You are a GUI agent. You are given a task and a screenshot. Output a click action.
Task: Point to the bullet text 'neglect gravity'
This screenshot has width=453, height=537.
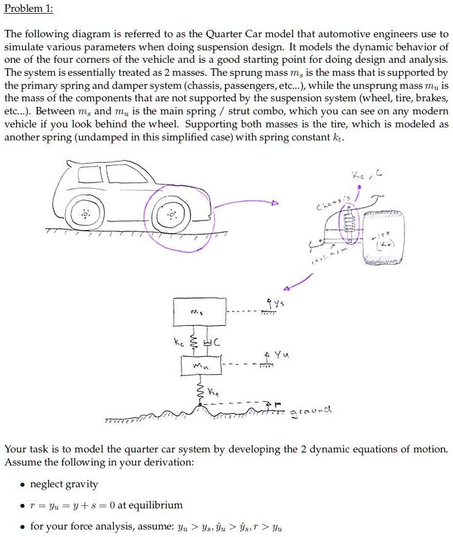[x=64, y=484]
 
